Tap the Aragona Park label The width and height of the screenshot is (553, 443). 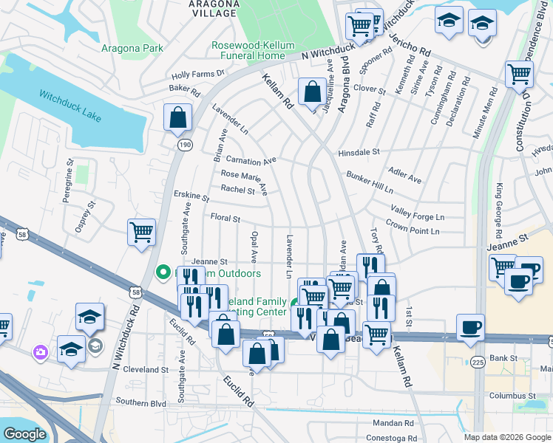131,49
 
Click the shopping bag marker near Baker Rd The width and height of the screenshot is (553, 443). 178,117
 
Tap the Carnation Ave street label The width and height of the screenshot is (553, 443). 251,159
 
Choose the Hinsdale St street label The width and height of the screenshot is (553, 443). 359,152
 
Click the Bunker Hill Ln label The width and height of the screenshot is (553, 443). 370,181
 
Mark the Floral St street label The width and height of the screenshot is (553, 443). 225,219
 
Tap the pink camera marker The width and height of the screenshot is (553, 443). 39,353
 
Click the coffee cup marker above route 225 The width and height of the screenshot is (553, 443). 470,327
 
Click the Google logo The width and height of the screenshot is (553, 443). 25,434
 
